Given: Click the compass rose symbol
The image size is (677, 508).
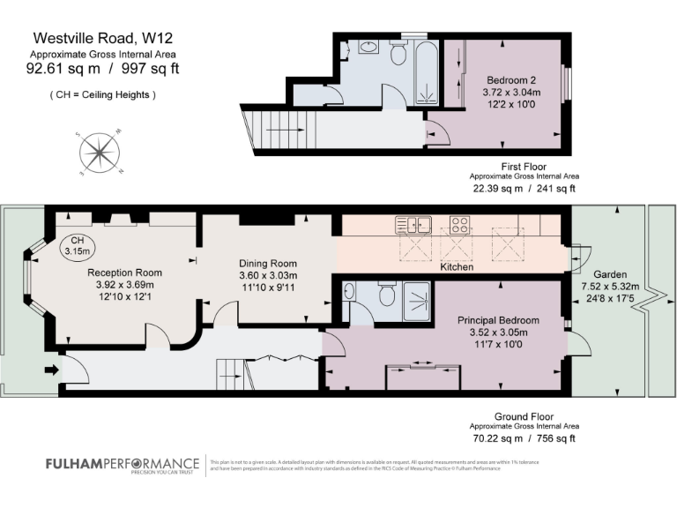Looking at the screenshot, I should point(100,153).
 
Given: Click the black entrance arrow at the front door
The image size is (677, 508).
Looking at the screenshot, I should point(48,370).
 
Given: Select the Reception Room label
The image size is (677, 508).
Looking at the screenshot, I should point(124,273).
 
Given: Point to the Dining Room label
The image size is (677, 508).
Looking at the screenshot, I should point(268,263).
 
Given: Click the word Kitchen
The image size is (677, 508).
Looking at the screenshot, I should point(457,265).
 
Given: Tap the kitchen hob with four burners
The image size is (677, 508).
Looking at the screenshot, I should point(459,224).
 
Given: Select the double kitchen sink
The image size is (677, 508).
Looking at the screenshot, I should point(413,224).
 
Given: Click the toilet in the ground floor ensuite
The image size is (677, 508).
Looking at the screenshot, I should point(385,295).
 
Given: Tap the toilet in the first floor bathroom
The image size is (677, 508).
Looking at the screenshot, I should point(398,55).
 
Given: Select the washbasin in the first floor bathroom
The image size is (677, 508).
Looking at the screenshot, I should point(370,47).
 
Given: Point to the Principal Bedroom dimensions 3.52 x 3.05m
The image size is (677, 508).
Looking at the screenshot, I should point(497,332).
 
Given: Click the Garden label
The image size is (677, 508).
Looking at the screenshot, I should point(610,273).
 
